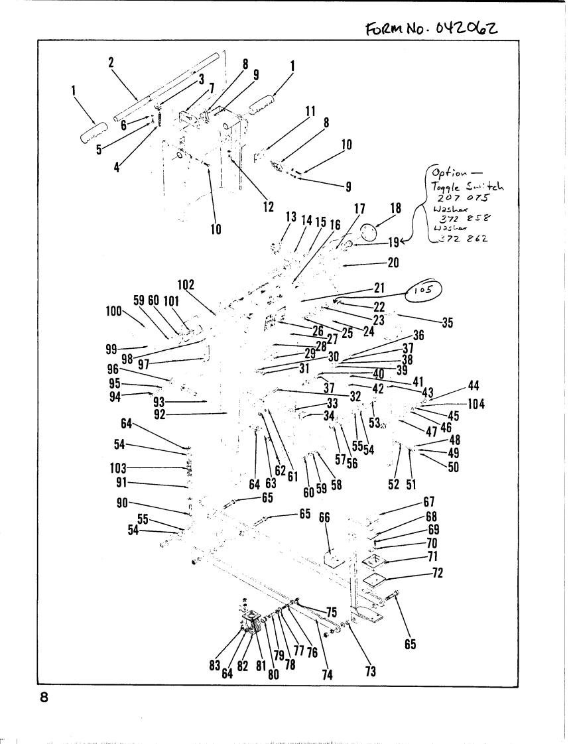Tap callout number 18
point(396,208)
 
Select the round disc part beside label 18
point(368,233)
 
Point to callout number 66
point(324,518)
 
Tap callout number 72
point(437,572)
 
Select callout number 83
point(214,666)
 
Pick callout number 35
point(448,324)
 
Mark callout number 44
point(473,387)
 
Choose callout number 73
point(371,672)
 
